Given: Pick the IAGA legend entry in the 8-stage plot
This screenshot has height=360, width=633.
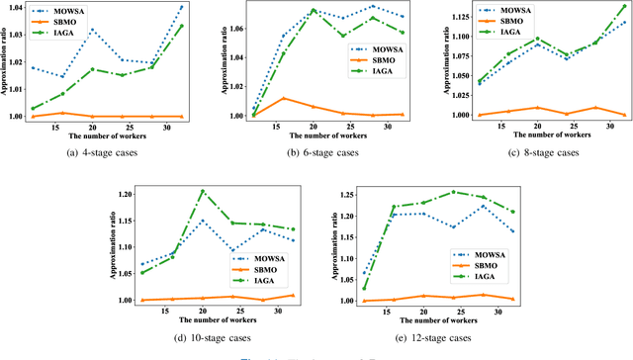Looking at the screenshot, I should (513, 34).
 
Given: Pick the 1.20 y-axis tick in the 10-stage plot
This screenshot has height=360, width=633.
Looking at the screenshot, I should (128, 194).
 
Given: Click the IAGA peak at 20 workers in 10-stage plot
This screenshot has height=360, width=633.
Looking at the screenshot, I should (203, 191).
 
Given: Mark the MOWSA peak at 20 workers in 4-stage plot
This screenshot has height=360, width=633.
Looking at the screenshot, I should (92, 30).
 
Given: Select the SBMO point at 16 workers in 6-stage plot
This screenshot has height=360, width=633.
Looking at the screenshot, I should (284, 98).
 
